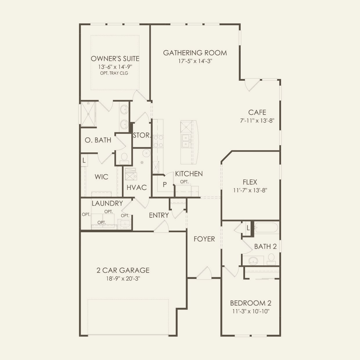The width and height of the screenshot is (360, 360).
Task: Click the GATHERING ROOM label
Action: (195, 53)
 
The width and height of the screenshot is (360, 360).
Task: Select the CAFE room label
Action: (257, 112)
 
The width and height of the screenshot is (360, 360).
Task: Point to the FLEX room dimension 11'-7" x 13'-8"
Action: (250, 190)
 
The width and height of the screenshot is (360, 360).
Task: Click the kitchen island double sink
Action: (186, 141)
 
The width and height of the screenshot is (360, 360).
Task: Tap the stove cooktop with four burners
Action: (158, 141)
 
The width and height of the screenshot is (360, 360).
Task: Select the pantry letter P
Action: (165, 185)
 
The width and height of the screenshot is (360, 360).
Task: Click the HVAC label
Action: (136, 187)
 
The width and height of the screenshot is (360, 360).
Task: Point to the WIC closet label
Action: (101, 177)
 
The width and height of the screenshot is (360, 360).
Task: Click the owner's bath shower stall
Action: (88, 114)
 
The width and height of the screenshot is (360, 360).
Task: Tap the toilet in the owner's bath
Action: (124, 159)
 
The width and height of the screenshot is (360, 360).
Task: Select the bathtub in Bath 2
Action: (267, 227)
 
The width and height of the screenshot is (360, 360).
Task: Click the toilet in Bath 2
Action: (271, 259)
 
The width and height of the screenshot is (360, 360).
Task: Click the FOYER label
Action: (204, 239)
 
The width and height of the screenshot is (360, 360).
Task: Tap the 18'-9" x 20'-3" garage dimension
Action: (123, 278)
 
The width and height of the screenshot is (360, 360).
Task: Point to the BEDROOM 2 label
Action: (251, 303)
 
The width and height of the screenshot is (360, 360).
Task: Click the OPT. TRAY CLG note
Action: (114, 73)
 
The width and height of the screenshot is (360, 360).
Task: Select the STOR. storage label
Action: (141, 135)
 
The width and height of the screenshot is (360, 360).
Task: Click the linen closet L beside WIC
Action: (84, 160)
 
